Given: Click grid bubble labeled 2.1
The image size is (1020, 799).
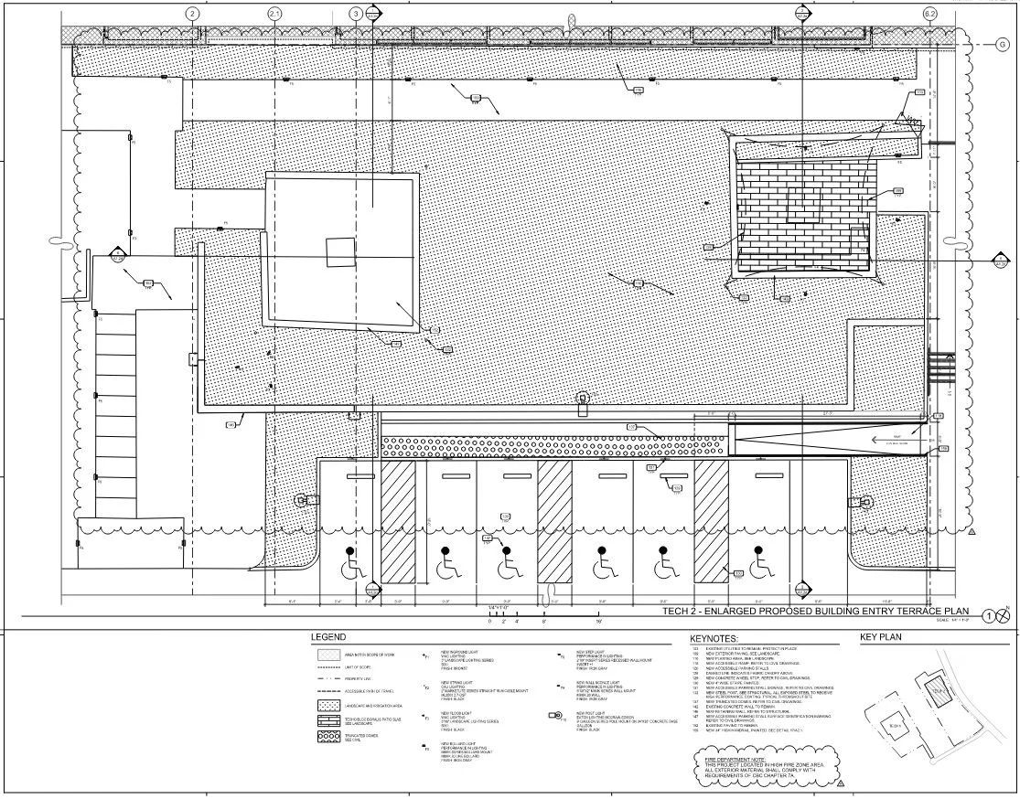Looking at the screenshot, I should click(x=275, y=14).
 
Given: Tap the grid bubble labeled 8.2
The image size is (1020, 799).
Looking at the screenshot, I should click(x=930, y=14).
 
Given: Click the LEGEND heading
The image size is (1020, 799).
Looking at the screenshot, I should click(x=328, y=637).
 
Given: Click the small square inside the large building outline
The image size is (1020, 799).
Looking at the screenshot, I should click(x=339, y=251).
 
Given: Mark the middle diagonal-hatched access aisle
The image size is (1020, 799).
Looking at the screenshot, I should click(x=555, y=522).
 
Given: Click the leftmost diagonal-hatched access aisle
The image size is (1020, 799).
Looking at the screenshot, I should click(x=398, y=522).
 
